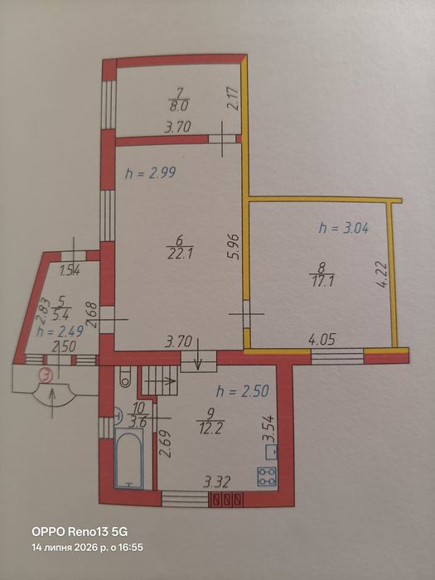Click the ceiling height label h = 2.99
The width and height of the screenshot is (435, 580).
pyautogui.click(x=150, y=173)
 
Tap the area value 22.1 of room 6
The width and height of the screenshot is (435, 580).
pyautogui.click(x=179, y=254)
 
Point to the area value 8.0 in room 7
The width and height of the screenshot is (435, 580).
pyautogui.click(x=179, y=106)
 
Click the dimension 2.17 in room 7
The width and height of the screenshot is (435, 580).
pyautogui.click(x=233, y=98)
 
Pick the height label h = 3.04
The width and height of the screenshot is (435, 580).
pyautogui.click(x=344, y=228)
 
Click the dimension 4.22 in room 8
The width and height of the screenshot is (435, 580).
pyautogui.click(x=382, y=274)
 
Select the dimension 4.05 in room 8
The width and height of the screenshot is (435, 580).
pyautogui.click(x=322, y=339)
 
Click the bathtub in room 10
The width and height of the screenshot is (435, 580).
pyautogui.click(x=128, y=458)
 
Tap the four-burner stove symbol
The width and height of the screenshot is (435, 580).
pyautogui.click(x=267, y=476)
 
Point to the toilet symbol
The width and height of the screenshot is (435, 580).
pyautogui.click(x=124, y=376)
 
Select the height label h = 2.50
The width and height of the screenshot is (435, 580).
pyautogui.click(x=242, y=390)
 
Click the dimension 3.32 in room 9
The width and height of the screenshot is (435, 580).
pyautogui.click(x=217, y=482)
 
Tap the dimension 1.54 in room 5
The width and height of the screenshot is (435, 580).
pyautogui.click(x=70, y=272)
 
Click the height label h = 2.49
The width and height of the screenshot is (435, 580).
pyautogui.click(x=61, y=331)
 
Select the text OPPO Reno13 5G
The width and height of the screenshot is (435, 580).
pyautogui.click(x=80, y=532)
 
